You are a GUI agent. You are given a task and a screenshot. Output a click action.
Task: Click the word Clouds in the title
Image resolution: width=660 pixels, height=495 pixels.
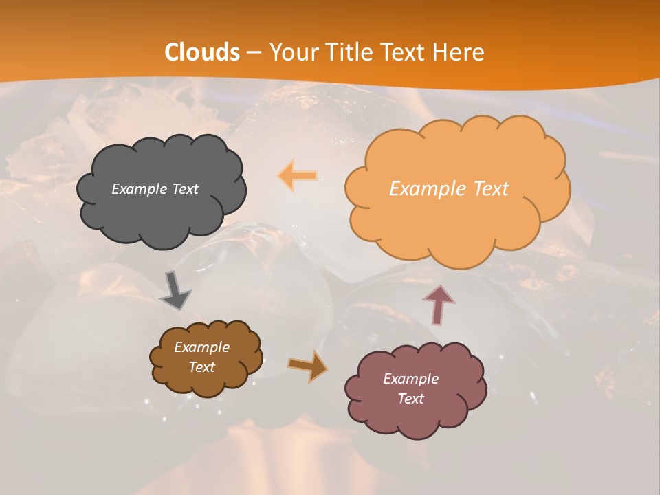[x=202, y=52]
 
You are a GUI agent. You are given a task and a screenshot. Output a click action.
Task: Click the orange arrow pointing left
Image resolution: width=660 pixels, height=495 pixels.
[x=298, y=176]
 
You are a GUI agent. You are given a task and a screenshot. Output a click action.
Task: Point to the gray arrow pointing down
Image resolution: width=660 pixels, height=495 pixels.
[x=175, y=291]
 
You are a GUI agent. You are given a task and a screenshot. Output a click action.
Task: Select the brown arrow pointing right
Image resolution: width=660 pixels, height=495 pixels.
[x=308, y=366]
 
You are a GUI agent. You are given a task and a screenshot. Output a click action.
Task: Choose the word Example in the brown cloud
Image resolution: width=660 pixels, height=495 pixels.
[x=201, y=347]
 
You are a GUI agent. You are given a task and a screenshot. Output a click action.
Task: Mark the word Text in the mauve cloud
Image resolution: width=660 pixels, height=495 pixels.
[x=410, y=399]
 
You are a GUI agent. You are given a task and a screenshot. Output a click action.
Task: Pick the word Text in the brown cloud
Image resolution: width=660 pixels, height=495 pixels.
[x=201, y=367]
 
